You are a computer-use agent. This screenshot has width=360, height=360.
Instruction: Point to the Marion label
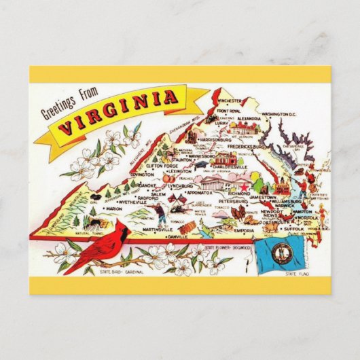pos(113,209)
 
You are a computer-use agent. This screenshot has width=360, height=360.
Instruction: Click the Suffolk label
pos(295,230)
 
